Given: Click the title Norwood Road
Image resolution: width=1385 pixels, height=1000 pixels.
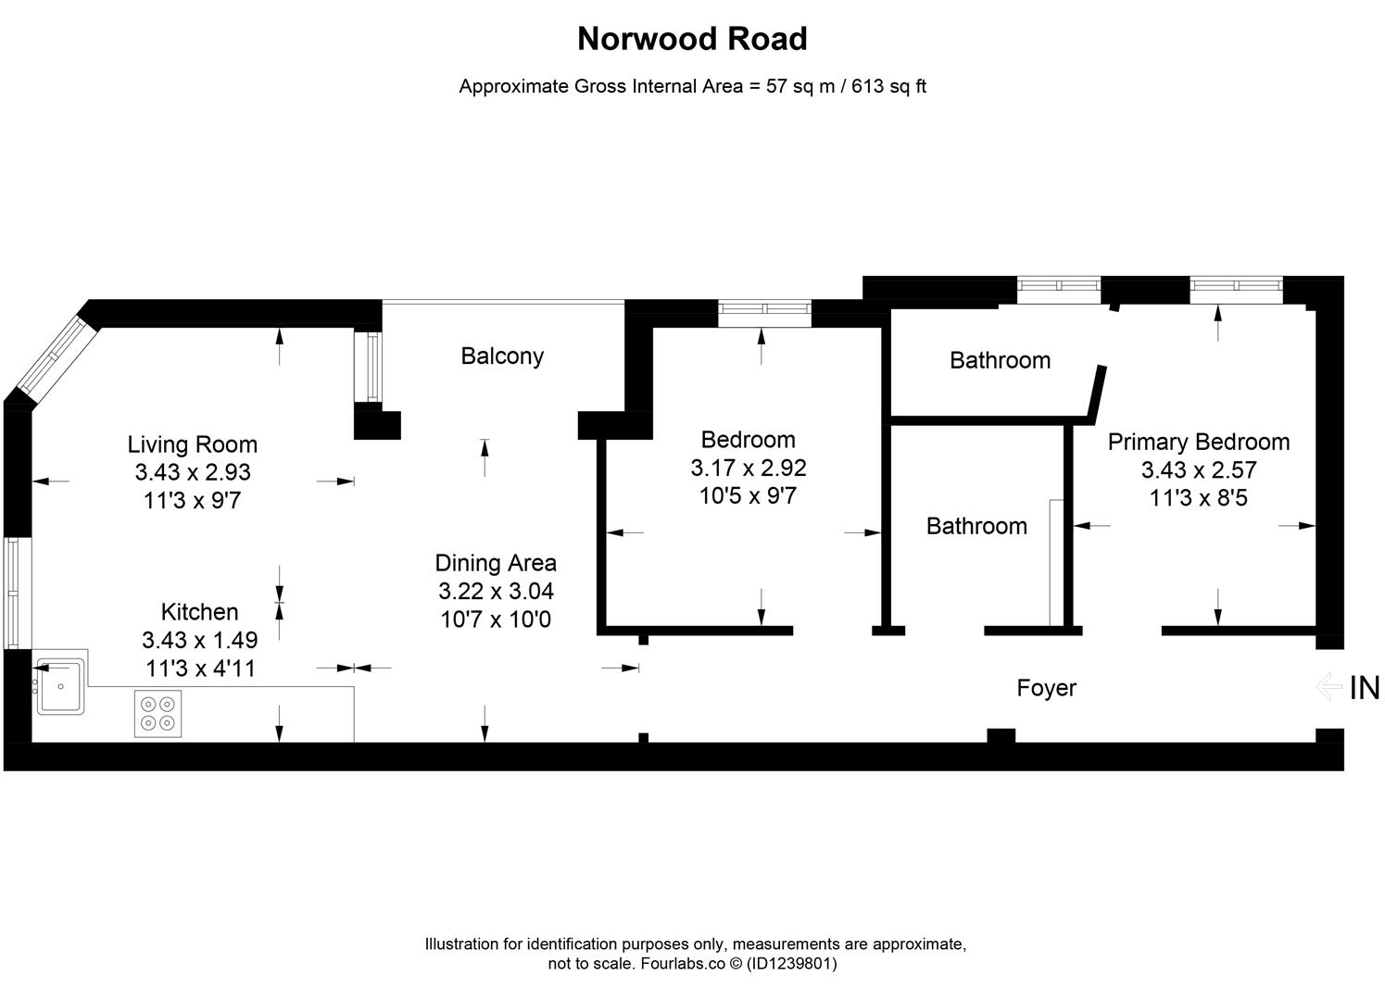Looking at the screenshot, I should pos(692,39).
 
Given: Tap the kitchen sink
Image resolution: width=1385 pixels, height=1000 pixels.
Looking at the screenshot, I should pos(61,686).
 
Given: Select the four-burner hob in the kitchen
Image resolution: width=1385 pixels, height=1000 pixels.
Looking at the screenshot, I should pos(157,714).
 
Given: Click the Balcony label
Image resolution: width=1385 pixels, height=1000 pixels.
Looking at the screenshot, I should pos(502,356).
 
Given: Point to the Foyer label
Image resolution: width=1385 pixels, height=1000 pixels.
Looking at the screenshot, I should pos(1046,688).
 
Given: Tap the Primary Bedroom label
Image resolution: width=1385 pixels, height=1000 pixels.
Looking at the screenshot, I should pos(1198,442).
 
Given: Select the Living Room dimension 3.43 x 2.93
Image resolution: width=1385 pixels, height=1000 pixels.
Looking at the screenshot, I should pos(193,472).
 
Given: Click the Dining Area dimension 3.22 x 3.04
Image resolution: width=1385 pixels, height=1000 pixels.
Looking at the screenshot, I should pos(496,591).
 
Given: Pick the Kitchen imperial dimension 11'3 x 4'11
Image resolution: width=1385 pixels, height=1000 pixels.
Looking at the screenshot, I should pos(201,668).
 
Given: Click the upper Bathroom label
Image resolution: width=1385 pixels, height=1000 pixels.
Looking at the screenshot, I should pos(1000,360).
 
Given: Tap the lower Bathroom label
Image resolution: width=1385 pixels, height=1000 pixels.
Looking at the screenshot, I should pos(976,526).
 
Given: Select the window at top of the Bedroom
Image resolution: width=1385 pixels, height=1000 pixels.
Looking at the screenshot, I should pos(764,313).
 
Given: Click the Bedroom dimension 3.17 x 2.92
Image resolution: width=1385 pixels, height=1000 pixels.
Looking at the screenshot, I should pos(748,468).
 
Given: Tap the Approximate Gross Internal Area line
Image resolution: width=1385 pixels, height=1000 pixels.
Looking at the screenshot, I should pos(692,87).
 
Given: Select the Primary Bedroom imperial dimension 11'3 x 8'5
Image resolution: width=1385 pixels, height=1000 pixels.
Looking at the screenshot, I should pos(1198,498).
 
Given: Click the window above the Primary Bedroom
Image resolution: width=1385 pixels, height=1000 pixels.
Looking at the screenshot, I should pos(1236,290).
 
